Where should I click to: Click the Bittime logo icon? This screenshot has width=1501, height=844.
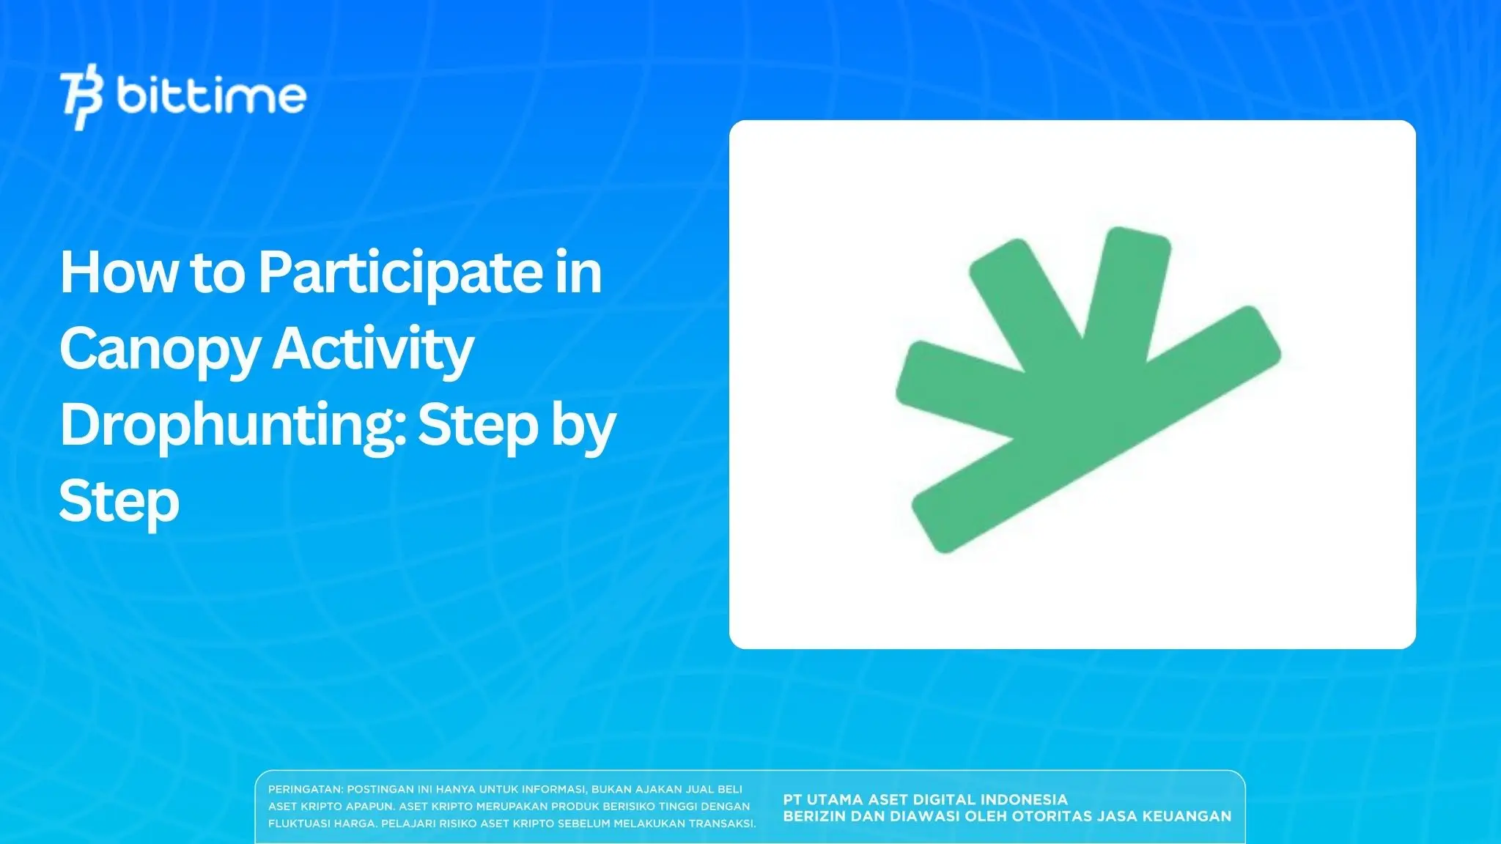[x=81, y=97]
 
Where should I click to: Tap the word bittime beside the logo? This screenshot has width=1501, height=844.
[x=211, y=95]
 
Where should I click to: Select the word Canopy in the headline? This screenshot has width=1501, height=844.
[x=160, y=350]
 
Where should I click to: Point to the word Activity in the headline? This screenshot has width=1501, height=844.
[x=373, y=350]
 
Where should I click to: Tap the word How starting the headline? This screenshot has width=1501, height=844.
[x=119, y=272]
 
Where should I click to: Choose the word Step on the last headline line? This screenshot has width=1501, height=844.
[x=119, y=503]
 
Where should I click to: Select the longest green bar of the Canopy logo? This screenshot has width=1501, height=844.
[x=1096, y=429]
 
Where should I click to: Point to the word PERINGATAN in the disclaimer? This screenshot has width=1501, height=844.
[x=305, y=790]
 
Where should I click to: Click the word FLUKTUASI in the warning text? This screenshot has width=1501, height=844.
[x=299, y=823]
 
